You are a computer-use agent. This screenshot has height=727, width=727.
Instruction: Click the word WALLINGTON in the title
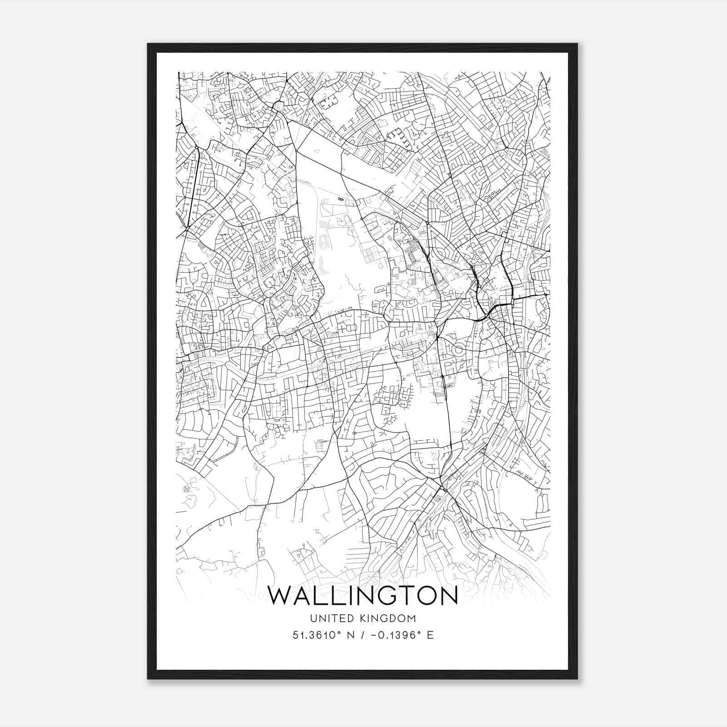click(363, 596)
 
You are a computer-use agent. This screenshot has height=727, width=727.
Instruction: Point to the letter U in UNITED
click(313, 618)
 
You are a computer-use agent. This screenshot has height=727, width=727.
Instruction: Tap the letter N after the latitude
click(350, 635)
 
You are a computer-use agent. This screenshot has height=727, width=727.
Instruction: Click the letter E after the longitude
click(430, 635)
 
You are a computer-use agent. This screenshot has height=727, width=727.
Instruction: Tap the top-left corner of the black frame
click(148, 44)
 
